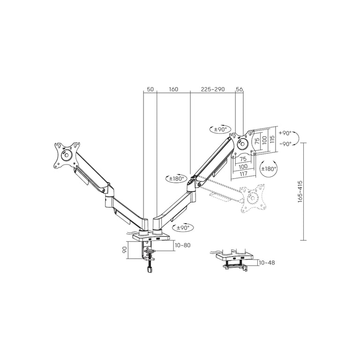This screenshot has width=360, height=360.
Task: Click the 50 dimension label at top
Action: pyautogui.click(x=150, y=89)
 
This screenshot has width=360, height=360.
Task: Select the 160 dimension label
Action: pyautogui.click(x=173, y=89)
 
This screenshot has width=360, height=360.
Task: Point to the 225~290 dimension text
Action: pyautogui.click(x=213, y=89)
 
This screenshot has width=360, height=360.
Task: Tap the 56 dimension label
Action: pyautogui.click(x=239, y=89)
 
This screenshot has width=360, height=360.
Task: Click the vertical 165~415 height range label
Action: pyautogui.click(x=300, y=192)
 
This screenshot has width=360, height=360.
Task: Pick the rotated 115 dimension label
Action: pyautogui.click(x=272, y=139)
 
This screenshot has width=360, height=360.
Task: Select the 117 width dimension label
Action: pyautogui.click(x=243, y=174)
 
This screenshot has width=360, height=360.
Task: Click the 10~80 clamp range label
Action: pyautogui.click(x=182, y=245)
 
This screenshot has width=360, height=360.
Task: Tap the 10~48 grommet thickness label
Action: pyautogui.click(x=267, y=262)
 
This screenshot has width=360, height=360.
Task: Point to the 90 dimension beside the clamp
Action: pyautogui.click(x=125, y=250)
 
